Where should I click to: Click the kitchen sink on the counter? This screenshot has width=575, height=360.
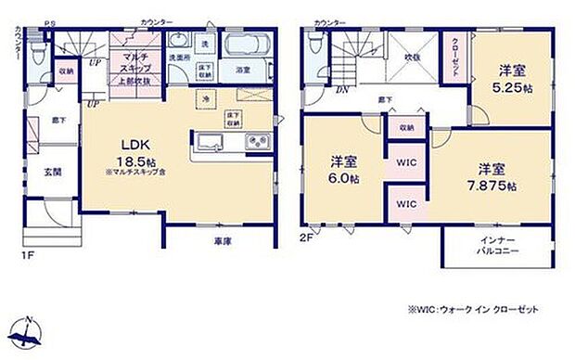coord(208,142)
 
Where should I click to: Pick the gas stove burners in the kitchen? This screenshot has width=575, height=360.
coord(257,141)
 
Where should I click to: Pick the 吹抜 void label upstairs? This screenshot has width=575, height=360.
coord(410,58)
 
